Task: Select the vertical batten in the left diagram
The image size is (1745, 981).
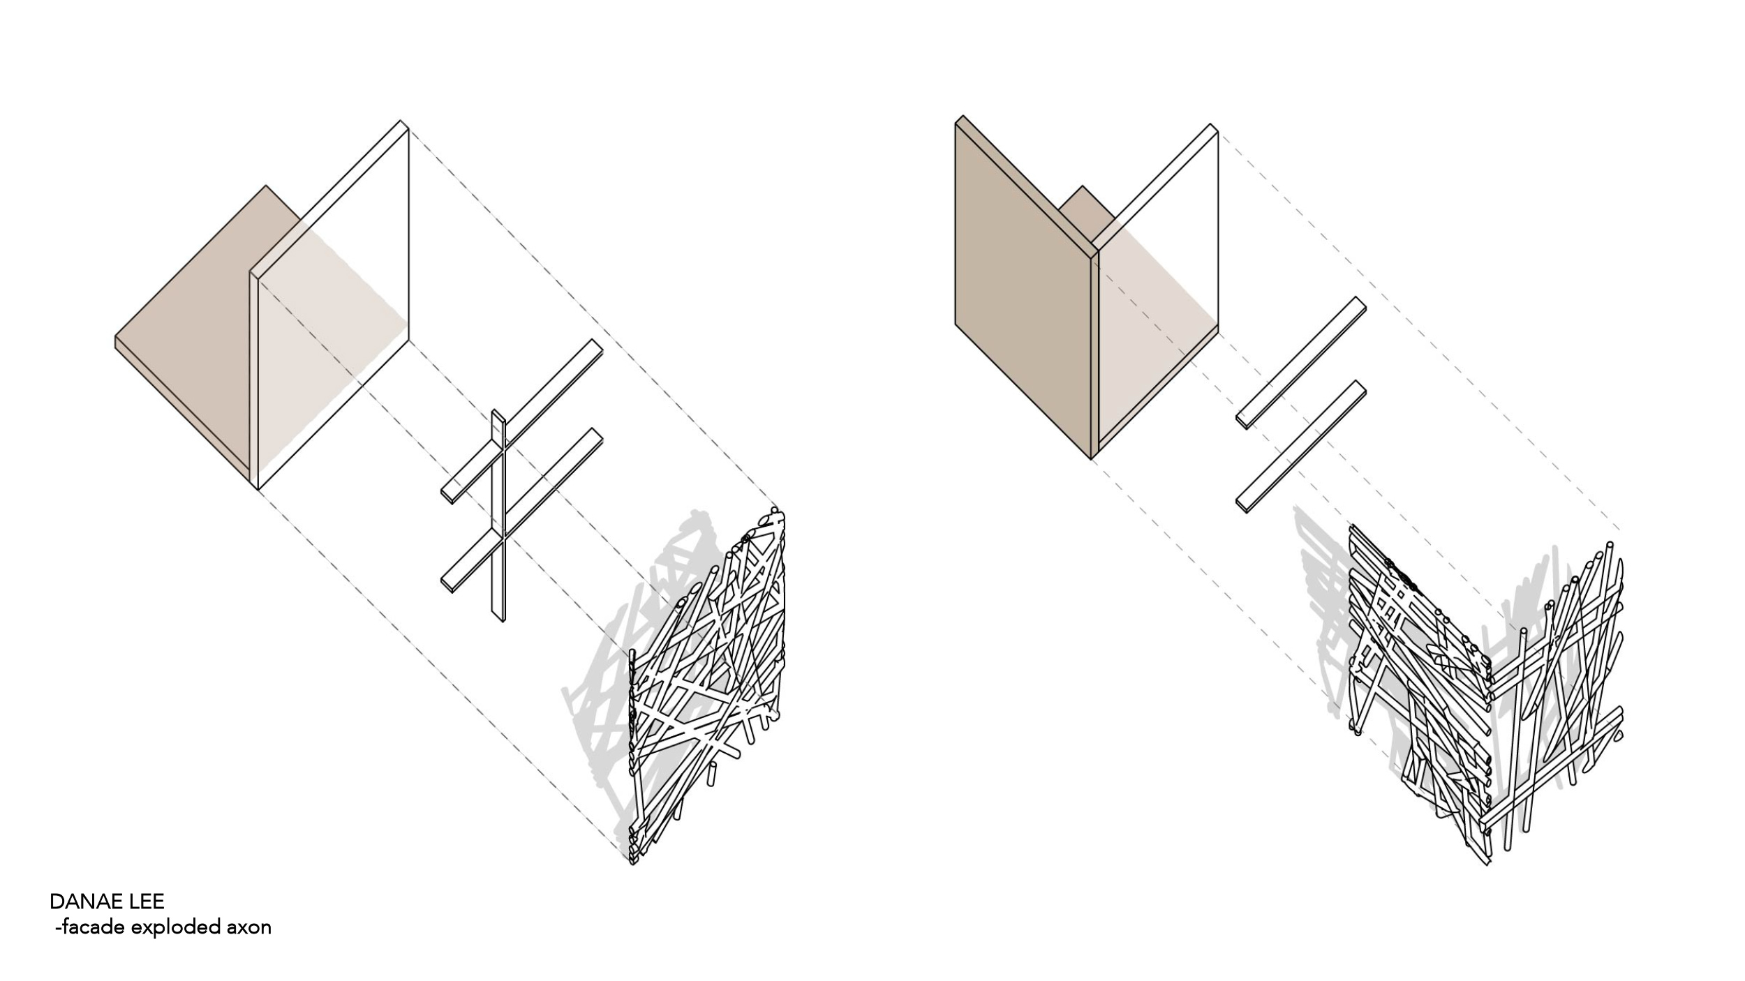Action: click(498, 515)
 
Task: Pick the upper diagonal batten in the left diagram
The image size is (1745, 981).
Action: click(521, 421)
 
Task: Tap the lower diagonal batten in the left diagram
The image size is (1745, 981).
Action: click(521, 511)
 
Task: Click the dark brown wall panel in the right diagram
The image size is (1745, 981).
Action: click(1023, 286)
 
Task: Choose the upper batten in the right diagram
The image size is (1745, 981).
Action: click(1300, 363)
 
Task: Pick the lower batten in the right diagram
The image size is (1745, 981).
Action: click(1300, 446)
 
